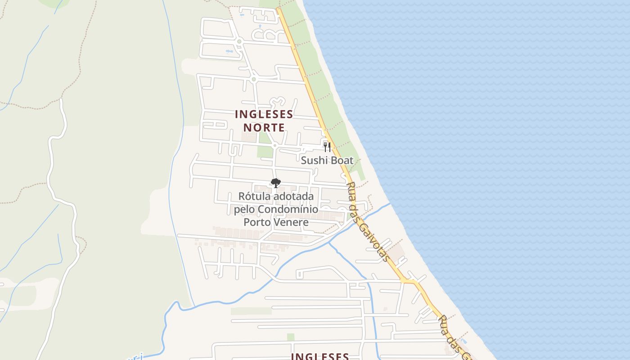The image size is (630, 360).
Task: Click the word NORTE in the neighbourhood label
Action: point(264,127)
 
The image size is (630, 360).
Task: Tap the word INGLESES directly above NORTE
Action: point(264,114)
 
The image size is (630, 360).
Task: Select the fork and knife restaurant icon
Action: point(327,147)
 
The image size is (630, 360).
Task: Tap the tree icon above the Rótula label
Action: point(275,183)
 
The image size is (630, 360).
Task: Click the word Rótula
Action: point(253,197)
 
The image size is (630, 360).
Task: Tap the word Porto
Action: point(257,222)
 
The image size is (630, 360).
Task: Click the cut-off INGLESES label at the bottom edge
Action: point(319,356)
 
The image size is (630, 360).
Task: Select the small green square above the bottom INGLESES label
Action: point(291,337)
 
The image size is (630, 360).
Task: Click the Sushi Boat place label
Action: point(327,160)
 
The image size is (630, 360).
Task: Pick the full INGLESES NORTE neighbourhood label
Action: point(264,121)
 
